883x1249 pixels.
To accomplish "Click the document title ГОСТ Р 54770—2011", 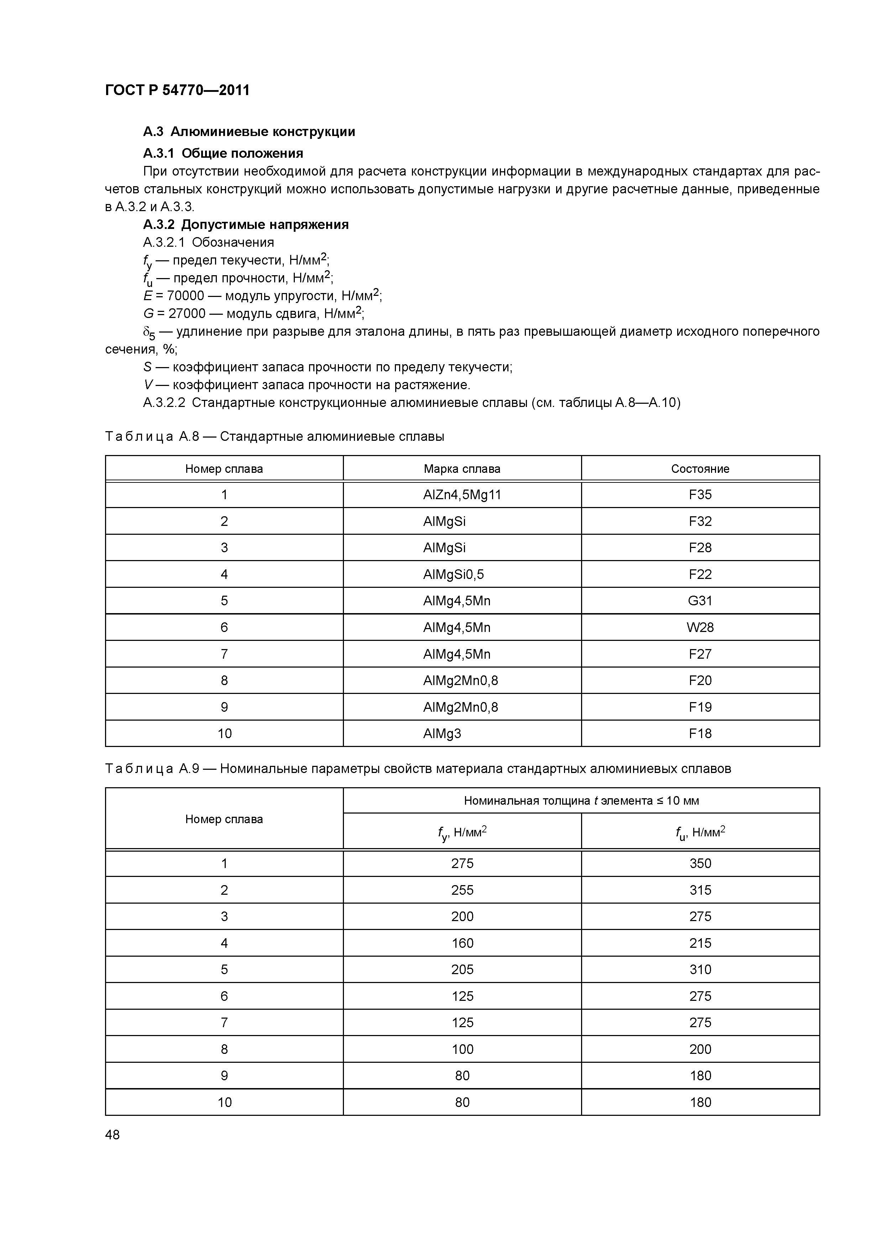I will tap(177, 90).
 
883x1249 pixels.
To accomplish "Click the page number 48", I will tap(113, 1135).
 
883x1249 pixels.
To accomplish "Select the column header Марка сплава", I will tap(462, 469).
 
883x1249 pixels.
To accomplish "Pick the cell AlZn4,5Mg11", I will tap(462, 495).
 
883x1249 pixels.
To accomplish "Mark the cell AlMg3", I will tap(442, 733).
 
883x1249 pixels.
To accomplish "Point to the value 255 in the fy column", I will tap(462, 890).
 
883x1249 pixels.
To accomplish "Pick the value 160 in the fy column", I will tap(462, 943).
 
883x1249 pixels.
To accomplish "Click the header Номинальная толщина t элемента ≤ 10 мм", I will tap(581, 800).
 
